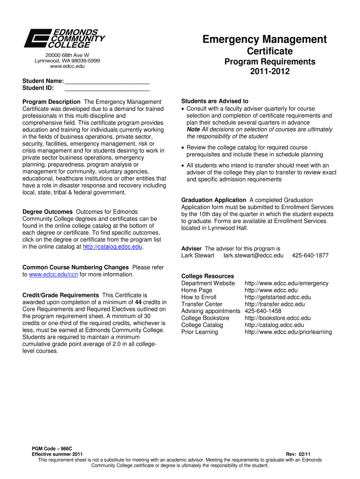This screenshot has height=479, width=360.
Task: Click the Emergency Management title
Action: [x=265, y=39]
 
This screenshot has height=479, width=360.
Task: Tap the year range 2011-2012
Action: [x=270, y=72]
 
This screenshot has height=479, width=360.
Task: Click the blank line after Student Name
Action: [x=107, y=81]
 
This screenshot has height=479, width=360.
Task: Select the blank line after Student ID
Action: [x=107, y=88]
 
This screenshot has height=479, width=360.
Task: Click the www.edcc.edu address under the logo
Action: [x=67, y=67]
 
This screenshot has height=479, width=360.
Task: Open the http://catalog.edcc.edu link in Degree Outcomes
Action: [x=112, y=247]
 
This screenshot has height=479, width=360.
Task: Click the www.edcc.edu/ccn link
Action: [x=53, y=275]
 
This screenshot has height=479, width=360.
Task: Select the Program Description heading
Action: [x=51, y=102]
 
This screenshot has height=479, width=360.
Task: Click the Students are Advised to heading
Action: [x=215, y=101]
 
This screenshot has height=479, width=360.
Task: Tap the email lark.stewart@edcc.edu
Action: [x=253, y=255]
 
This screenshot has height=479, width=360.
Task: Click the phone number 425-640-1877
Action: [x=310, y=255]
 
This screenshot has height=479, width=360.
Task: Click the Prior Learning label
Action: [x=200, y=332]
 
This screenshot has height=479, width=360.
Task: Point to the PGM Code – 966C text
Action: [x=52, y=449]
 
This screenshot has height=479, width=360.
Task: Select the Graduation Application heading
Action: [x=214, y=200]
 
